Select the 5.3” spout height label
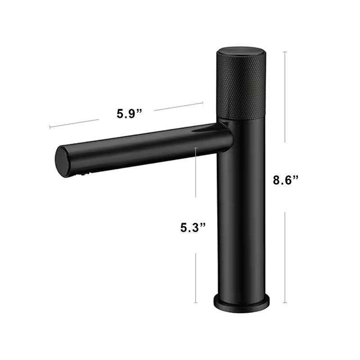point(193,228)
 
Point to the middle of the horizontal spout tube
point(144,146)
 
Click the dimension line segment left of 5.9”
point(74,124)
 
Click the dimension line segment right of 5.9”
point(179,106)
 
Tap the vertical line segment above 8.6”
point(285,97)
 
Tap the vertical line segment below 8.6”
point(285,256)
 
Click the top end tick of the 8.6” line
point(285,52)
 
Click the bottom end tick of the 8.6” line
point(285,303)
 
